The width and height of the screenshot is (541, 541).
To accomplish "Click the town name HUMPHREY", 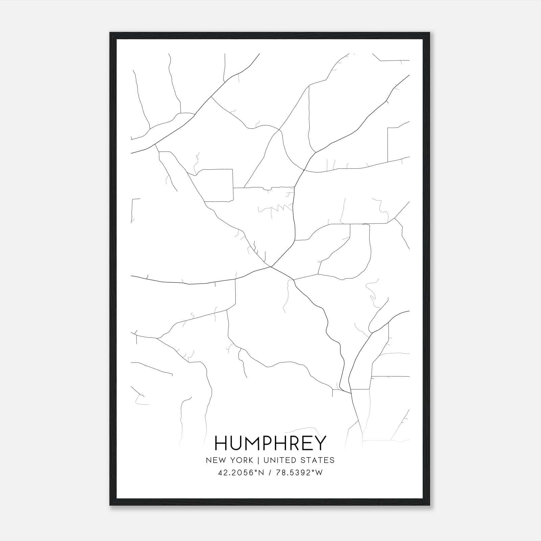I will coord(270,443).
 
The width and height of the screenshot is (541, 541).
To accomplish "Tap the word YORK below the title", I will coord(242,460).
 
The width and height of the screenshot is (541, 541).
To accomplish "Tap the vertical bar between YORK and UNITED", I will coord(258,460).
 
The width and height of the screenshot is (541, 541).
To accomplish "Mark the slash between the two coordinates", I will coord(270,473).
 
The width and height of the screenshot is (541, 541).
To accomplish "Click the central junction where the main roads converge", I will coord(271,267).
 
